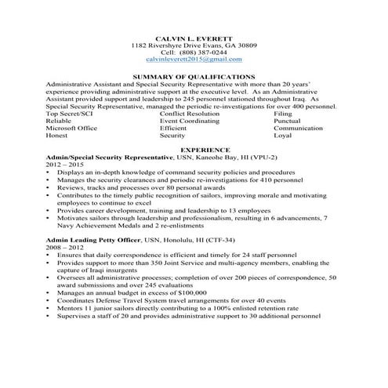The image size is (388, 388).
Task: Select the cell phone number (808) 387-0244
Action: click(x=205, y=52)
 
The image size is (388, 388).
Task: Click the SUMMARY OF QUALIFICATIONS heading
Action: click(x=194, y=76)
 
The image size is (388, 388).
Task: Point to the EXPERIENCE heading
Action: click(x=194, y=149)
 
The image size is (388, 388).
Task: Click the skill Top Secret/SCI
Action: click(x=70, y=114)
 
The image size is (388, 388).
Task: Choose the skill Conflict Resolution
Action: click(x=190, y=114)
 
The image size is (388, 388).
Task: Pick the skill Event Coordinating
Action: click(x=189, y=121)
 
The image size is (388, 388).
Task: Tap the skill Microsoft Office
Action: click(x=71, y=128)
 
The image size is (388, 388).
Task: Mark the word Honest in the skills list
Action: click(x=60, y=135)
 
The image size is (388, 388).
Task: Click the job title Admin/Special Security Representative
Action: click(x=109, y=157)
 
